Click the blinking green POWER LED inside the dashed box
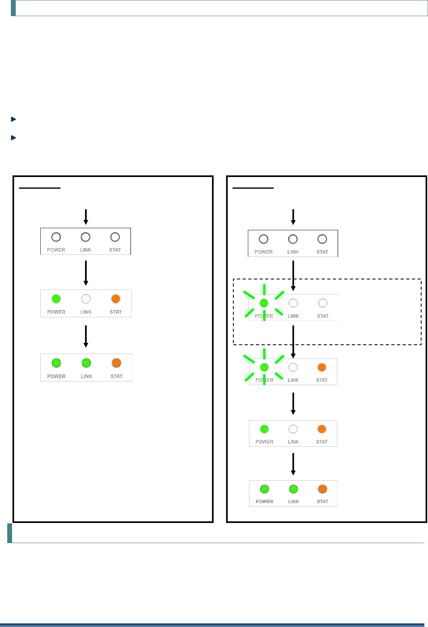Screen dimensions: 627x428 coord(264,303)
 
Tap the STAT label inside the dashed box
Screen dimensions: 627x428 coord(322,316)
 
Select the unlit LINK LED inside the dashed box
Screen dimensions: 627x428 coord(293,303)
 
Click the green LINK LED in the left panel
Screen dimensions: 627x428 coord(86,363)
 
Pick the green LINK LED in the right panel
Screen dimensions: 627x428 coord(293,489)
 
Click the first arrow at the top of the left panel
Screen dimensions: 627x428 coord(86,217)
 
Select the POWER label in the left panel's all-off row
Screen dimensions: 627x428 coord(56,250)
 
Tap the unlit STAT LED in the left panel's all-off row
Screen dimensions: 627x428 coord(115,237)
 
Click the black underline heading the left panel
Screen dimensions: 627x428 coord(39,188)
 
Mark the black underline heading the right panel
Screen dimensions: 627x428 coord(253,188)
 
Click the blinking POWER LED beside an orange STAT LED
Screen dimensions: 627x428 coord(264,367)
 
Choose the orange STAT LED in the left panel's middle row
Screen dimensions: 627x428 coord(116,299)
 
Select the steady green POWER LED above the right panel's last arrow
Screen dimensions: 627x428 coord(264,429)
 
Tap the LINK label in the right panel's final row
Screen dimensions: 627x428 coord(293,502)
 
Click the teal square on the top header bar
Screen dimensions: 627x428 coord(13,8)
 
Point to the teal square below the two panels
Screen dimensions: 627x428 coord(10,533)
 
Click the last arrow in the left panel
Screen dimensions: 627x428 coord(86,336)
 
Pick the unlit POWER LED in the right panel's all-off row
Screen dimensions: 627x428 coord(264,239)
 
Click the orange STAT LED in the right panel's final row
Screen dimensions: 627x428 coord(322,489)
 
